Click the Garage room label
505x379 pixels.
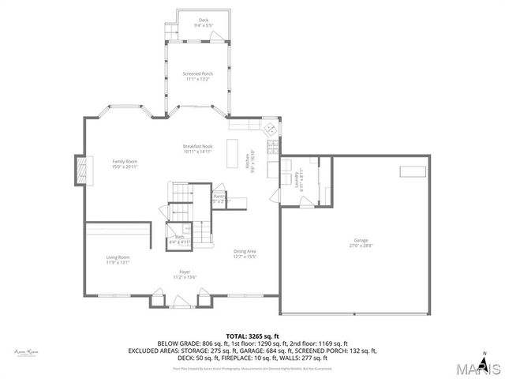tap(361, 242)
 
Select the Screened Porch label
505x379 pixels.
tap(198, 76)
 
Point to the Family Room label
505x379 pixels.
tap(125, 163)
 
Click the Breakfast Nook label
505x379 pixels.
tap(198, 148)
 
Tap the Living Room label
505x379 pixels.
tap(118, 259)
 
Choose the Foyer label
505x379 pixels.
tap(185, 274)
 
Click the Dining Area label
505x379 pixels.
tap(245, 253)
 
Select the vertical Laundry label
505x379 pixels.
tap(301, 181)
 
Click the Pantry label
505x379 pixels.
tap(219, 197)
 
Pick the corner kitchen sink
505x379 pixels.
tap(270, 129)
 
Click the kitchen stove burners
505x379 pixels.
tap(273, 147)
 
